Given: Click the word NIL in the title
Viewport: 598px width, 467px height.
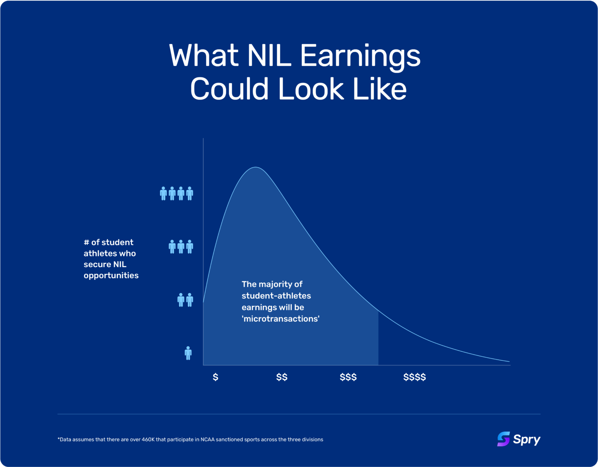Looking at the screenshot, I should [269, 56].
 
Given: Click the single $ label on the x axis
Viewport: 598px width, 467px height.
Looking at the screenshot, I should [215, 377].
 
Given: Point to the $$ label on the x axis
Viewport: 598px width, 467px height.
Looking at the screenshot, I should [281, 377].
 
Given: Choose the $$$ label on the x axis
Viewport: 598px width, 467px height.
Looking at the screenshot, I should [348, 377].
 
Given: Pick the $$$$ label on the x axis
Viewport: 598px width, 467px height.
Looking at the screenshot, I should [415, 377].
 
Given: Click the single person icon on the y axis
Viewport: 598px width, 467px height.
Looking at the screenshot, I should [188, 353].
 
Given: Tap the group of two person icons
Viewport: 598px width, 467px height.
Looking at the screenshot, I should [185, 300].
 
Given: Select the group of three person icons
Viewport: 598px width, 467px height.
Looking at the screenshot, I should [181, 246].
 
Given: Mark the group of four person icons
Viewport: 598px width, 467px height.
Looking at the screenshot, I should [176, 193].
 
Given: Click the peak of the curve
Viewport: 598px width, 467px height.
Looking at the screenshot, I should [256, 167].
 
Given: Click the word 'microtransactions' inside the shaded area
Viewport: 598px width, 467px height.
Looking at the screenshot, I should [281, 319].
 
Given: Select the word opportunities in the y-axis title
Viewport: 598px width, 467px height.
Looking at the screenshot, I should [111, 276].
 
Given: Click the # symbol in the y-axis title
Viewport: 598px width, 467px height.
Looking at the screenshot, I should [86, 242].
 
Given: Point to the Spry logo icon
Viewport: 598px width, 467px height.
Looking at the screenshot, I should [503, 439].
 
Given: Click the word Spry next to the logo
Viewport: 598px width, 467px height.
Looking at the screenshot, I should [527, 439].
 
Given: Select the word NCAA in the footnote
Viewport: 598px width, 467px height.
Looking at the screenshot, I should [207, 439].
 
